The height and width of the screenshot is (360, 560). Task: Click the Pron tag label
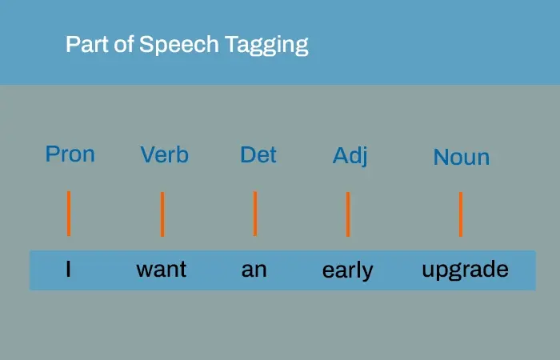(x=70, y=154)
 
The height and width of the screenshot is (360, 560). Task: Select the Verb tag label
(x=164, y=154)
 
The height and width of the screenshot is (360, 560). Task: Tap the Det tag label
(x=258, y=154)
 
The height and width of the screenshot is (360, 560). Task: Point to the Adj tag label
(x=350, y=156)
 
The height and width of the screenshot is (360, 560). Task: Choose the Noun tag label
(x=461, y=158)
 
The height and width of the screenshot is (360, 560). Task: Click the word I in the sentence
(x=68, y=270)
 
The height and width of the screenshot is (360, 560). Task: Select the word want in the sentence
(x=161, y=270)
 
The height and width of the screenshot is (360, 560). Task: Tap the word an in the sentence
(x=254, y=270)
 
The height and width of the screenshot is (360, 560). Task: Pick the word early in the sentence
(x=347, y=270)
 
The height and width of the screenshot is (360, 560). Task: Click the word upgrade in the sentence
(x=465, y=270)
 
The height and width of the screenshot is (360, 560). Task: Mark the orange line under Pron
(x=69, y=214)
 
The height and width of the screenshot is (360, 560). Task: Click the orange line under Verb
(x=162, y=214)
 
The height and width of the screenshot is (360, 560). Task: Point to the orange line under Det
(x=255, y=214)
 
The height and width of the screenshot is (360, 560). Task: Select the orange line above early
(x=348, y=214)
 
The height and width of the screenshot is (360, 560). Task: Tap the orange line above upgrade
(x=461, y=214)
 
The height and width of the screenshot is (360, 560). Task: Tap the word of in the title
(x=123, y=44)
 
